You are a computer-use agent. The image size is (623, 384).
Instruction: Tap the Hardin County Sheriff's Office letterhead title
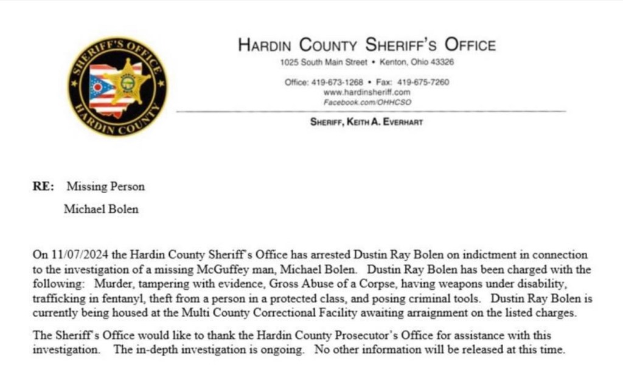pyautogui.click(x=366, y=44)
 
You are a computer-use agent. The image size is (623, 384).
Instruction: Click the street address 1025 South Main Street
pyautogui.click(x=324, y=63)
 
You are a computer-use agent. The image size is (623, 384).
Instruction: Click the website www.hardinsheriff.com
pyautogui.click(x=367, y=92)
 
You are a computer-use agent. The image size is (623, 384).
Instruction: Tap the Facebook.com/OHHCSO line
pyautogui.click(x=367, y=101)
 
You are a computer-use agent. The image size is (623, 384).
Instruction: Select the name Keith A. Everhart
pyautogui.click(x=385, y=122)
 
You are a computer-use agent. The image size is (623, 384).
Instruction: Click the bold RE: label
pyautogui.click(x=44, y=187)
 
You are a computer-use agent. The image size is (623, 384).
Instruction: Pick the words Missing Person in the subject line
pyautogui.click(x=106, y=187)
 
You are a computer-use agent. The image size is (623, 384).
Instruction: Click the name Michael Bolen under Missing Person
pyautogui.click(x=101, y=209)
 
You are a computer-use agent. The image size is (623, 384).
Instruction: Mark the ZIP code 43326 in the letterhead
pyautogui.click(x=443, y=63)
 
